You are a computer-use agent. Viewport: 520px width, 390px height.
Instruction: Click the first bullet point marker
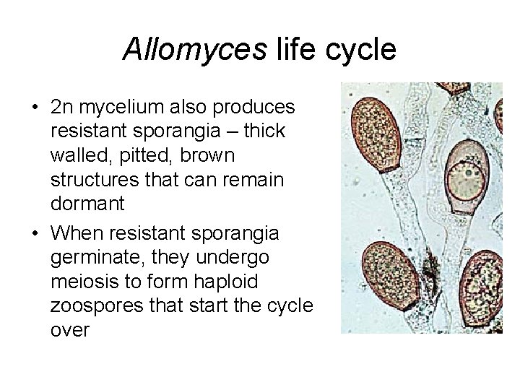35,108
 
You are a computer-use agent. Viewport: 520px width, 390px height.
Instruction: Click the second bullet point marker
35,233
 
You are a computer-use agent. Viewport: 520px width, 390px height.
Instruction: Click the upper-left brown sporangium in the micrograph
377,131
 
